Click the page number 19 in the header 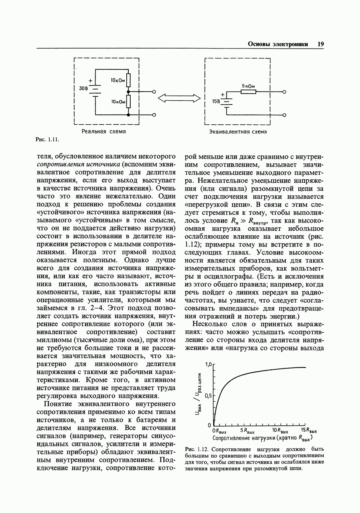tap(320, 44)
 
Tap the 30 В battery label tap(83, 88)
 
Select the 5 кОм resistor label tap(248, 86)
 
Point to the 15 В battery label tap(216, 101)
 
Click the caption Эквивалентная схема tap(238, 131)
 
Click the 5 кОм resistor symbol tap(248, 92)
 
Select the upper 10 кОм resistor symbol tap(128, 81)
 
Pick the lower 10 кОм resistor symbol tap(128, 102)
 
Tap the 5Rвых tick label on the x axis tap(247, 431)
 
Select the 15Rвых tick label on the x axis tap(309, 431)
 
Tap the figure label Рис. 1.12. tap(196, 449)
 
